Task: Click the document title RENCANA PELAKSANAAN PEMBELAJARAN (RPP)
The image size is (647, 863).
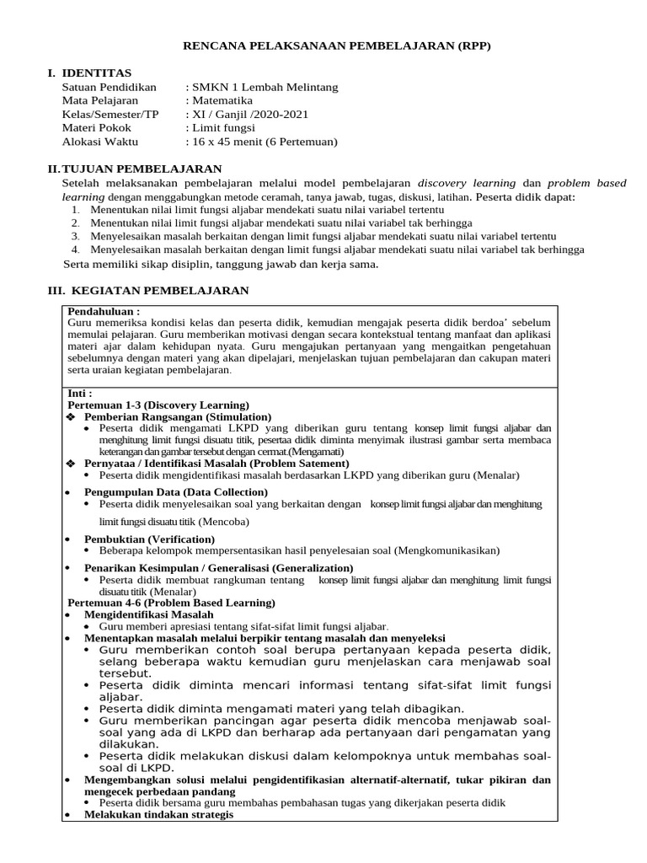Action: pos(336,46)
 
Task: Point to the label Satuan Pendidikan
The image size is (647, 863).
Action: pos(110,88)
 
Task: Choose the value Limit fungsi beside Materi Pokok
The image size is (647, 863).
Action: pos(224,128)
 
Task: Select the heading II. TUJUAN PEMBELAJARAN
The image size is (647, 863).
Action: pos(134,169)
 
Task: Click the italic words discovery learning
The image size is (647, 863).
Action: pos(467,183)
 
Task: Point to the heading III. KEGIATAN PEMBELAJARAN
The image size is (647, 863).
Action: pos(147,291)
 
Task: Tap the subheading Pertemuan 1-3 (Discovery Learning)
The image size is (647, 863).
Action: pos(158,405)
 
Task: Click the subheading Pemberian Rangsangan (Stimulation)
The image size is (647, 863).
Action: pos(178,417)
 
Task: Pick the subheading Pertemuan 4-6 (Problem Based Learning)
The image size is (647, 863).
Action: pos(171,603)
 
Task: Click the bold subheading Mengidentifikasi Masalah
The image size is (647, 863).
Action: pos(148,615)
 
